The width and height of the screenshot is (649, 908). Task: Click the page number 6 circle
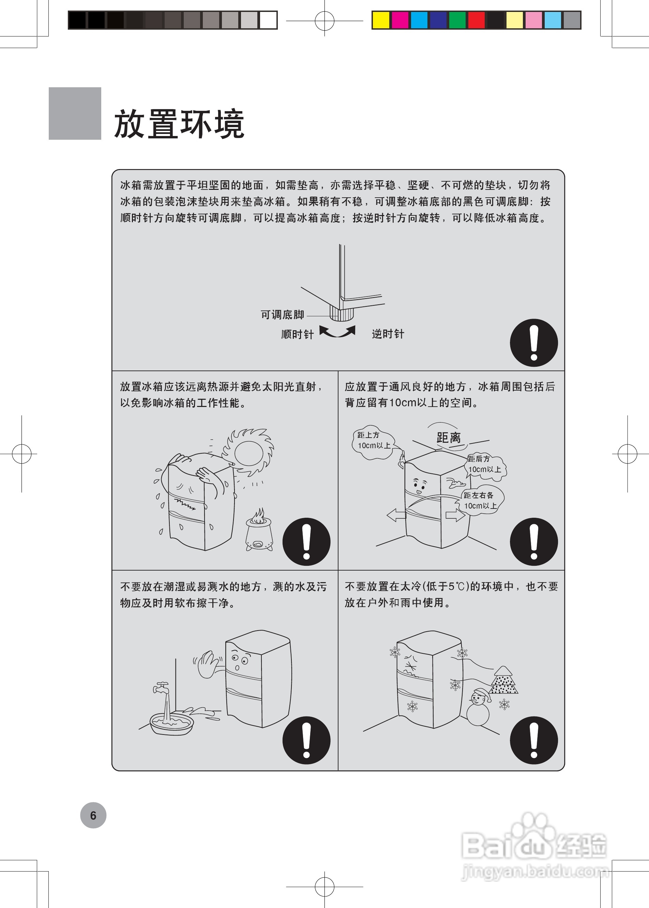(93, 815)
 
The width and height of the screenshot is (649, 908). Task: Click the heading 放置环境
(179, 124)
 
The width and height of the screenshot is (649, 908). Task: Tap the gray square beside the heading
(75, 113)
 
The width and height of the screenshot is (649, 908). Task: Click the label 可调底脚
(282, 315)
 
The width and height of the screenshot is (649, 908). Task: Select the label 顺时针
(297, 334)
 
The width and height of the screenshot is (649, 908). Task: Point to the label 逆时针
(388, 334)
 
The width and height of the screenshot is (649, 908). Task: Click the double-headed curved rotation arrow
(337, 332)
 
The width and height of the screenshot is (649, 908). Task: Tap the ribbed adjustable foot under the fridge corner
(342, 313)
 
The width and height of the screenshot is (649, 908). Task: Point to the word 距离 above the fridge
(448, 438)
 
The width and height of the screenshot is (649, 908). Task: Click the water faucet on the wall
(162, 687)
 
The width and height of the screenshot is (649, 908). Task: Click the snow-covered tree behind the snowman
(504, 681)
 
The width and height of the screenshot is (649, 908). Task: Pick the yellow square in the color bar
(380, 20)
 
